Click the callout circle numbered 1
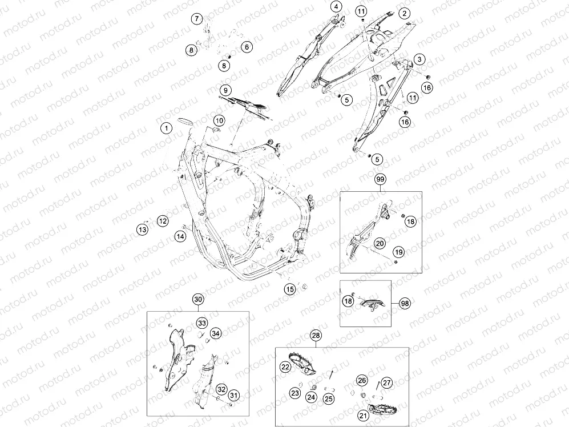coord(167,128)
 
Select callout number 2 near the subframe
coord(404,14)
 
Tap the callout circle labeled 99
coord(381,179)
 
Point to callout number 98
coord(405,303)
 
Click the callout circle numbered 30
coord(198,299)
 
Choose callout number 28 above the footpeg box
coord(316,335)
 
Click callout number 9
coord(225,90)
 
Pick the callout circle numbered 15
coord(290,289)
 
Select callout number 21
coord(363,416)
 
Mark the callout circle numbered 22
coord(285,366)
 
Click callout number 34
coord(216,333)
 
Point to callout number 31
coord(233,395)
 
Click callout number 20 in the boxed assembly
coord(380,243)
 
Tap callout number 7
coord(197,18)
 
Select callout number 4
coord(336,6)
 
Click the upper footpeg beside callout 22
coord(302,362)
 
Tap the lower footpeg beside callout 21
coord(382,409)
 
